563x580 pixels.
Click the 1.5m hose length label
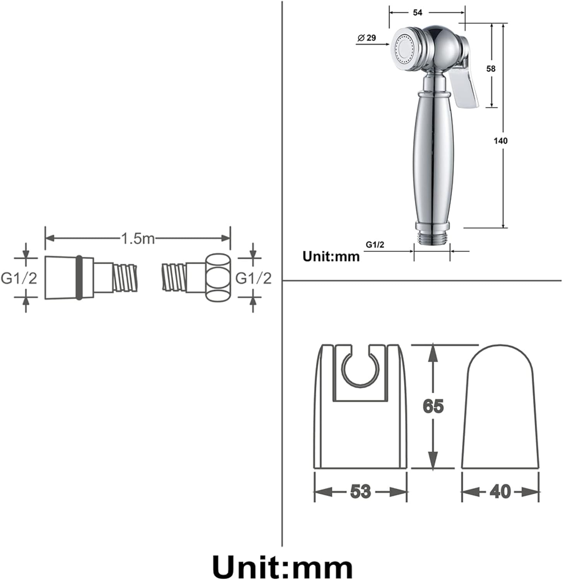tap(138, 238)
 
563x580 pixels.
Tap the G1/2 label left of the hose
tap(19, 278)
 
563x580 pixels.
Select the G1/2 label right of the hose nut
tap(254, 278)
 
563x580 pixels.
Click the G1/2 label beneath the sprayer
tap(375, 245)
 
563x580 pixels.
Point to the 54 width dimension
tap(418, 13)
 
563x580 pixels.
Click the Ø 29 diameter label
tap(367, 38)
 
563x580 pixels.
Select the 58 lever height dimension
tap(491, 69)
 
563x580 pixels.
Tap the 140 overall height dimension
tap(500, 141)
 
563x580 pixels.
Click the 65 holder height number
tap(433, 406)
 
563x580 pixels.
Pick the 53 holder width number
tap(360, 491)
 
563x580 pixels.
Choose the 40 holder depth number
tap(500, 491)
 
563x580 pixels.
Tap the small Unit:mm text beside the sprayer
tap(331, 256)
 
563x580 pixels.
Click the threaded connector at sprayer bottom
tap(432, 237)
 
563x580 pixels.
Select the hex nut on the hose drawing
tap(217, 278)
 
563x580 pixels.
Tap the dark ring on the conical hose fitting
tap(79, 278)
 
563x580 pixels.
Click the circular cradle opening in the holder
tap(360, 369)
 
